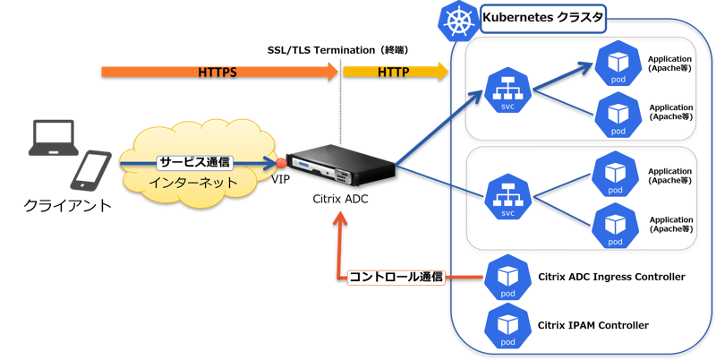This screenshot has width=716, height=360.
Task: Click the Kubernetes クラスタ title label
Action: [x=543, y=18]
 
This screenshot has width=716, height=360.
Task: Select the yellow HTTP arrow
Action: [x=395, y=71]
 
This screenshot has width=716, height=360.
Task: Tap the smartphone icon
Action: [x=91, y=169]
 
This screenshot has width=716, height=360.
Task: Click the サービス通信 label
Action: [x=195, y=163]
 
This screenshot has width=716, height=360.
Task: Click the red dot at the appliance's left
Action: [x=281, y=163]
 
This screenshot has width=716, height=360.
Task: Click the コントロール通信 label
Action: [x=396, y=277]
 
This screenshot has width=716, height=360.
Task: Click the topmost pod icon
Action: [x=618, y=64]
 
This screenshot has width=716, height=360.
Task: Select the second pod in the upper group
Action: [x=618, y=115]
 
